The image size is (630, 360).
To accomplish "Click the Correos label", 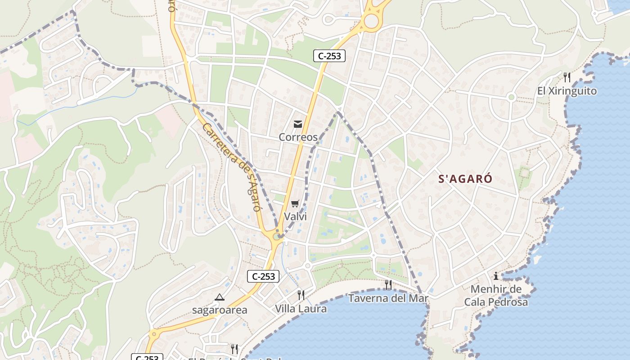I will pos(298,137).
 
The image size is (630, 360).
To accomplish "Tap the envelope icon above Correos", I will pos(297,124).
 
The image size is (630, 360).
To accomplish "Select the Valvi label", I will pos(295,216).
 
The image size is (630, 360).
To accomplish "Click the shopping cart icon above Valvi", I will pos(295,204).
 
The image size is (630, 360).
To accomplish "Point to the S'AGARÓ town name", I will pos(465,179).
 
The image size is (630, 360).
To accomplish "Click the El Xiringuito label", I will pos(567,91).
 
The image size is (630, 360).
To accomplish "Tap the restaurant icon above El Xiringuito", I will pos(567,77).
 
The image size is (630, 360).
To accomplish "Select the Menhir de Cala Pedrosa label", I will pos(496,295).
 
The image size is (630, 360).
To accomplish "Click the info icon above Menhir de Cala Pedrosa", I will pos(496,275).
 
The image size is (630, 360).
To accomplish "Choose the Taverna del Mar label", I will pos(388,298).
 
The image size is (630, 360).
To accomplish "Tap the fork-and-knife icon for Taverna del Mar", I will pos(388,284).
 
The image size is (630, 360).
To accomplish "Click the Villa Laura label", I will pos(301,309).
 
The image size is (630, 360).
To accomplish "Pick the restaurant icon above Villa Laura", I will pos(301,295).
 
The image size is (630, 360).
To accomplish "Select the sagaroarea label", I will pos(220,310).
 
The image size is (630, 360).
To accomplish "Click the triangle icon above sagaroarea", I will pos(219,297).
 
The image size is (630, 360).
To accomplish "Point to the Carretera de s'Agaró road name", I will pos(231,167).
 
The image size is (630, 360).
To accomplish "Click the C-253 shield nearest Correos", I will pos(329,56).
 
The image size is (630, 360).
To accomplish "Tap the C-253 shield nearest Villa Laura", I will pos(263,276).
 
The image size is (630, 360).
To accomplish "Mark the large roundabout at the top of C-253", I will pos(371,21).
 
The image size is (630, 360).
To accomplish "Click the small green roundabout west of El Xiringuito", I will pos(511,97).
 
